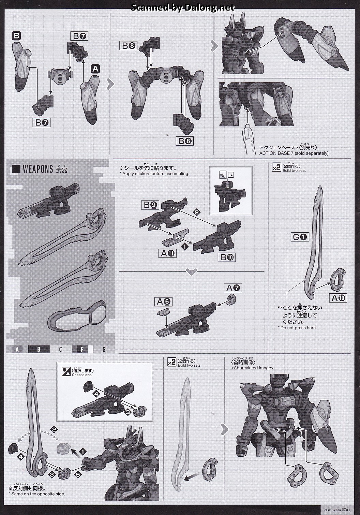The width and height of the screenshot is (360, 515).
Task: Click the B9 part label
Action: point(150,205)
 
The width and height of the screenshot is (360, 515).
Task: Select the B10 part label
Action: point(227,257)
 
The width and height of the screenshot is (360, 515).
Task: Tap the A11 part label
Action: point(168,253)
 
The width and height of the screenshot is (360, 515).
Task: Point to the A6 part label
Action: point(163,301)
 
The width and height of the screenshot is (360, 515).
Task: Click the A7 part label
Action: point(234,288)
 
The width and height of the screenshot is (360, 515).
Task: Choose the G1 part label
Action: point(300,237)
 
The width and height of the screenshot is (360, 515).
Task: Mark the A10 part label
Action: point(339,298)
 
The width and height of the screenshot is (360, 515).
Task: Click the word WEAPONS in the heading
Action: point(37,169)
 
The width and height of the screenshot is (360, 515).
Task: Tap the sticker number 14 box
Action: point(231,175)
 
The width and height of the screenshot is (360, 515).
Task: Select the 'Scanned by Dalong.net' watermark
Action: point(183,8)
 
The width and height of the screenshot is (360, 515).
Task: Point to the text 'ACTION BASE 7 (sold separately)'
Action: point(294,153)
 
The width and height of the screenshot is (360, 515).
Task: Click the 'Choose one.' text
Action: point(82,375)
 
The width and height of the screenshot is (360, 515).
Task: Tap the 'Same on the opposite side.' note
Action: point(37,494)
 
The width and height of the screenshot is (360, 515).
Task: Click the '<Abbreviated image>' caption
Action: point(252,368)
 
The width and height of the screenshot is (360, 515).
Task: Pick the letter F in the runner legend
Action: point(82,349)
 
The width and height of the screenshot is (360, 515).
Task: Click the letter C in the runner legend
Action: point(60,349)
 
